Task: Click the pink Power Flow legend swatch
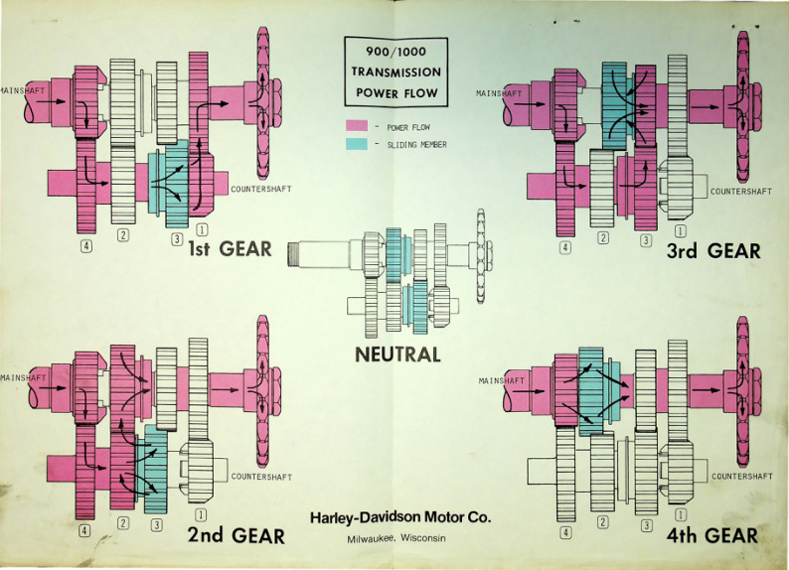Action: coord(357,126)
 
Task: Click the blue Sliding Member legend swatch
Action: coord(357,144)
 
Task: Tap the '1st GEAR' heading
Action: coord(230,249)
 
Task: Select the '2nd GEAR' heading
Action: coord(236,535)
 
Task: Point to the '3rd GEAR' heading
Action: coord(713,251)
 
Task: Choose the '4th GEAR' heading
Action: coord(712,535)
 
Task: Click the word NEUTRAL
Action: coord(397,355)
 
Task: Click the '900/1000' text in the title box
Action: coord(396,52)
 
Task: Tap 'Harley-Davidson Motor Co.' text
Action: coord(400,516)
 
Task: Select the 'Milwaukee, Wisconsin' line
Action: coord(396,538)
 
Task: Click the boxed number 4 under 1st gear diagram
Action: coord(87,246)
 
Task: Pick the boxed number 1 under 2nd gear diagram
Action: coord(201,515)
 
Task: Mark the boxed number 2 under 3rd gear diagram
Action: coord(603,237)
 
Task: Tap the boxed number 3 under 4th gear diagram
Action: coord(647,525)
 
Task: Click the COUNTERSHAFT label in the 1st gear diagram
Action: coord(261,189)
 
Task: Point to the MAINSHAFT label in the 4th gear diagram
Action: coord(501,381)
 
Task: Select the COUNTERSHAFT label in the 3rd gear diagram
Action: coord(740,192)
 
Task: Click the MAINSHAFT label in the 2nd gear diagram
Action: coord(23,377)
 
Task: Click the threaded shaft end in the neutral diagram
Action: coord(293,255)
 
